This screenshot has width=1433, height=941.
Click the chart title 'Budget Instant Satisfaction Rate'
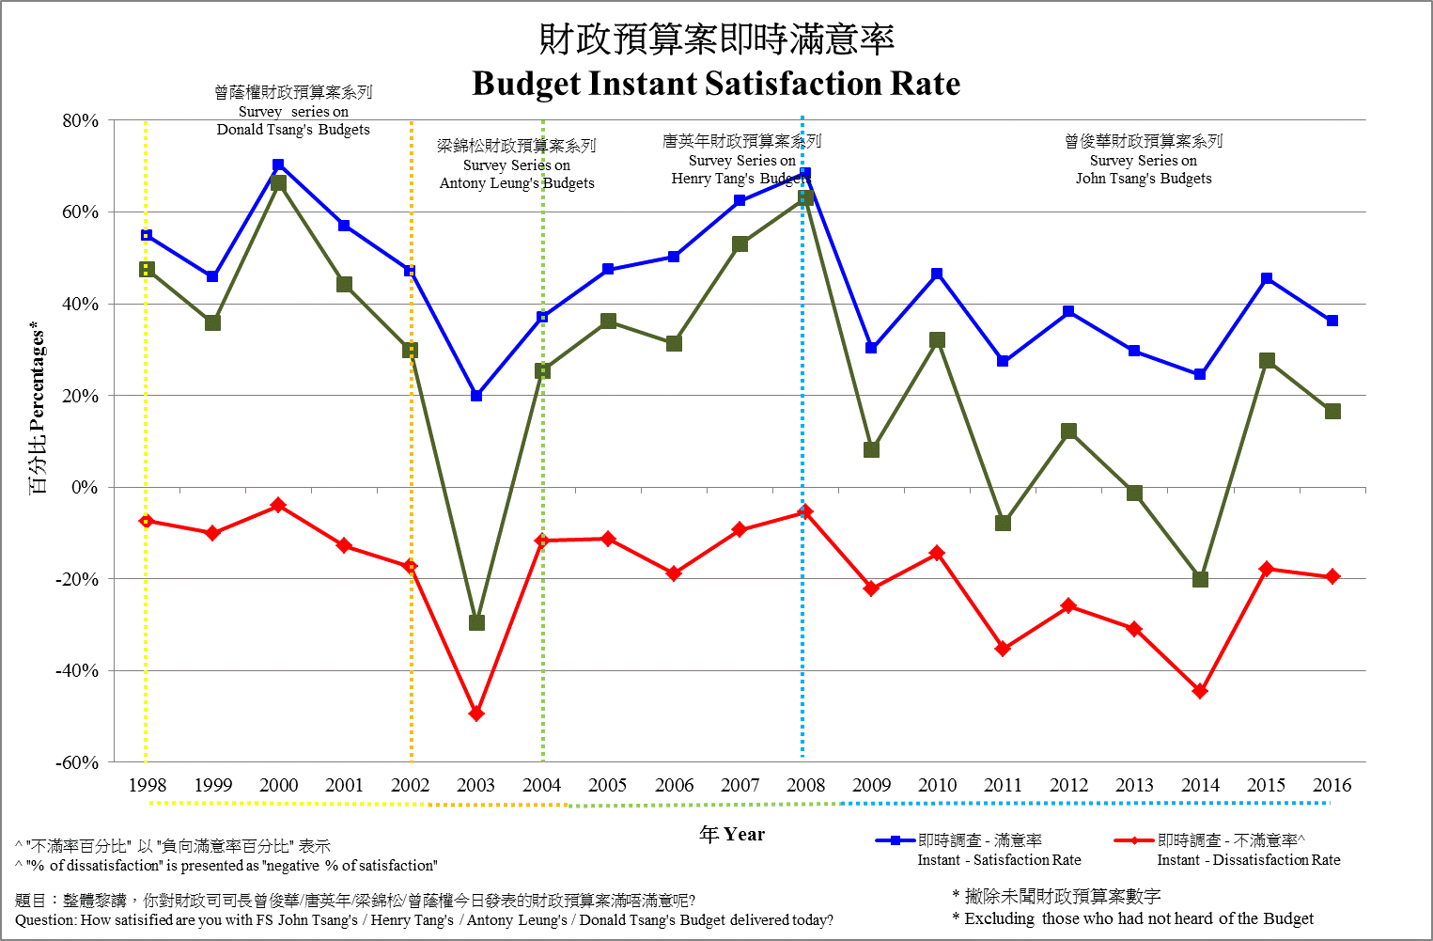coord(716,84)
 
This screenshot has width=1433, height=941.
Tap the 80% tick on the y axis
coord(80,120)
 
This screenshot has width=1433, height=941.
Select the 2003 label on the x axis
coord(475,785)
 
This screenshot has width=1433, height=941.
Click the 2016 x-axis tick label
coord(1332,785)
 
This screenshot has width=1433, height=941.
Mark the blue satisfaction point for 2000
coord(278,165)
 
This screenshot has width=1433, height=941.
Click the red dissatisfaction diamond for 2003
coord(476,714)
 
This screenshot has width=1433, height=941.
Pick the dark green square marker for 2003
coord(476,622)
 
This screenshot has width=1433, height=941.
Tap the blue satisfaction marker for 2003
coord(476,396)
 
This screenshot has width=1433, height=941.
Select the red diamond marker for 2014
coord(1200,691)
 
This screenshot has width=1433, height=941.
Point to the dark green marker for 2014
coord(1200,579)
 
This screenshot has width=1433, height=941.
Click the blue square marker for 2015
coord(1267,278)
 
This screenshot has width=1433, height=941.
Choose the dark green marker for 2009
coord(871,449)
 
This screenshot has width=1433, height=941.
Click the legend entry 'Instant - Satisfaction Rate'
coord(999,859)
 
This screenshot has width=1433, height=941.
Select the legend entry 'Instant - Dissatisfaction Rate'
coord(1248,859)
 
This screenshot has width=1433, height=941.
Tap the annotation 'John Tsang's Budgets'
coord(1144,179)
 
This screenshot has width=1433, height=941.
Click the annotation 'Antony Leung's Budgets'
coord(517,183)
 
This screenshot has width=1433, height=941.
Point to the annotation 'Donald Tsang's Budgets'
coord(293,130)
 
